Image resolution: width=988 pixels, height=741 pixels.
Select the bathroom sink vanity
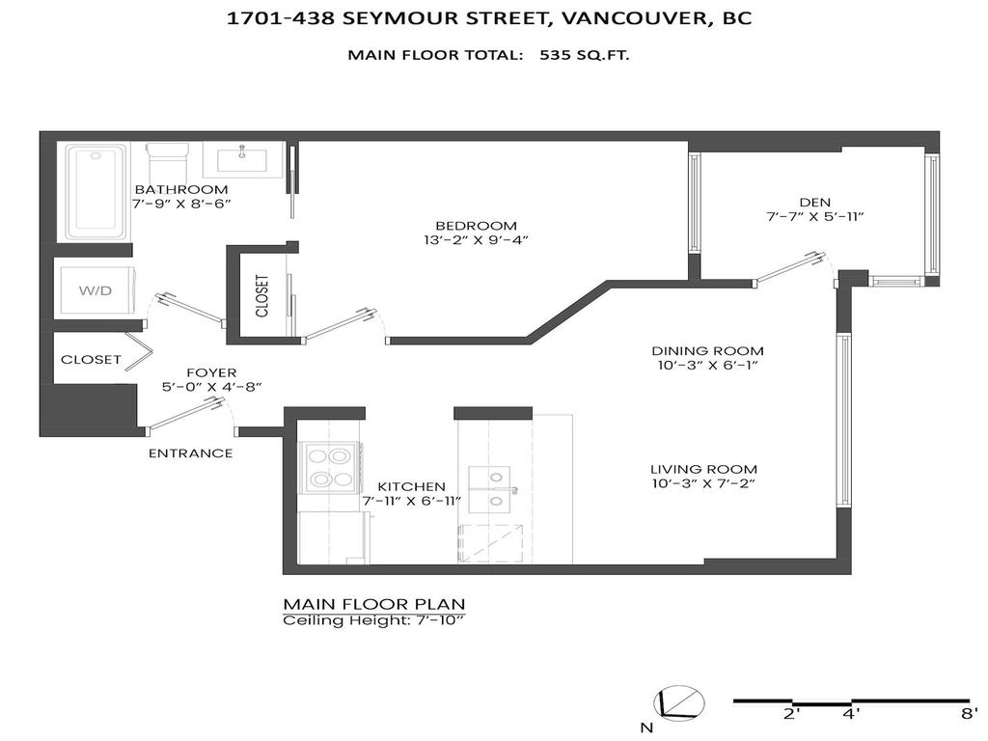[243, 158]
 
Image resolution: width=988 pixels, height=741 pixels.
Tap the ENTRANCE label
[190, 453]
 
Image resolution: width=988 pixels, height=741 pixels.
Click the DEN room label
[814, 202]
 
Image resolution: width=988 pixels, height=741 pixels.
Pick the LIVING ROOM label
[701, 468]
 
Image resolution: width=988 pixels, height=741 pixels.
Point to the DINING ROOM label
[707, 350]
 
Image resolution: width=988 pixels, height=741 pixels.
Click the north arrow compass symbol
[677, 703]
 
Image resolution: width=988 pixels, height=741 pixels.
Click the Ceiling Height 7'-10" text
[373, 620]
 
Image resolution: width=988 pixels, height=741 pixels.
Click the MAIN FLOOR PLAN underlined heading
[373, 604]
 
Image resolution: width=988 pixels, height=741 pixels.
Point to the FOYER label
[212, 372]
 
